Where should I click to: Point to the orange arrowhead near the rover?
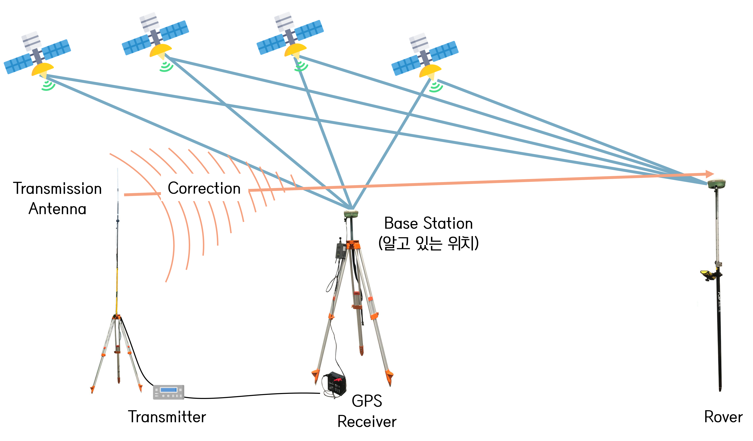pyautogui.click(x=710, y=174)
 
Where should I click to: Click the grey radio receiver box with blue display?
pyautogui.click(x=168, y=392)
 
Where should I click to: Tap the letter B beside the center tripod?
pyautogui.click(x=388, y=223)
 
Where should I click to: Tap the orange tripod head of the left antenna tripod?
pyautogui.click(x=116, y=317)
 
